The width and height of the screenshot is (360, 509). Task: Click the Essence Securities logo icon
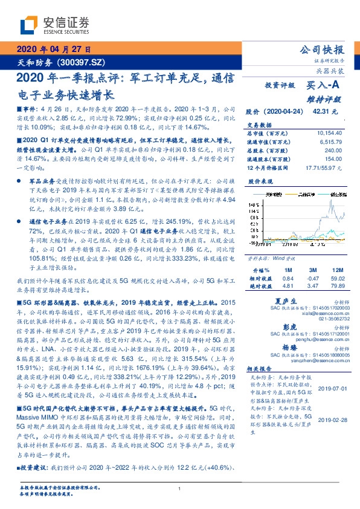point(28,25)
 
